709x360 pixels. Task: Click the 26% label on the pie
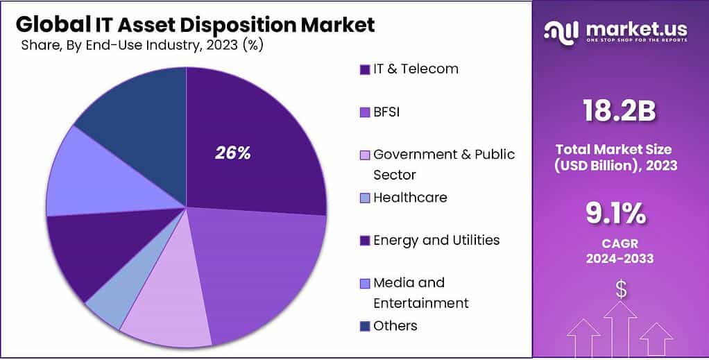(232, 153)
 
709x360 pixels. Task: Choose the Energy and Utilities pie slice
(87, 250)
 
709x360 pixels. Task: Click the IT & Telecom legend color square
(364, 69)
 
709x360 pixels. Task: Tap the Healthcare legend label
(410, 198)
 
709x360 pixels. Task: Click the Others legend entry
(395, 325)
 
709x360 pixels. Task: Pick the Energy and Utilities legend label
(436, 240)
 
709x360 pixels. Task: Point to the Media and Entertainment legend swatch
(364, 283)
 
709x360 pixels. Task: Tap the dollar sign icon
(621, 289)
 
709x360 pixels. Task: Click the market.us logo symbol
(561, 31)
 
